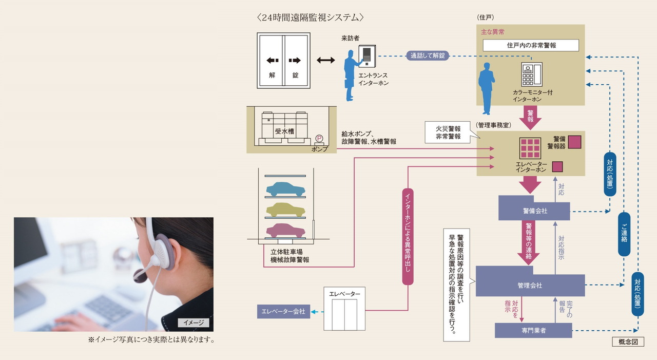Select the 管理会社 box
tap(530, 285)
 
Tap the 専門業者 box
tap(533, 330)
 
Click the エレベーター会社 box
tap(283, 311)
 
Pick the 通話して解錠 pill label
tap(428, 55)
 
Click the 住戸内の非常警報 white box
tap(531, 45)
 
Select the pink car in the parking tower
tap(285, 230)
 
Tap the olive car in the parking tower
tap(285, 209)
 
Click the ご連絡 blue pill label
tap(624, 234)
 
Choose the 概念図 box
tap(627, 342)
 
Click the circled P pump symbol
tap(319, 138)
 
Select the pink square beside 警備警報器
tap(574, 141)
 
